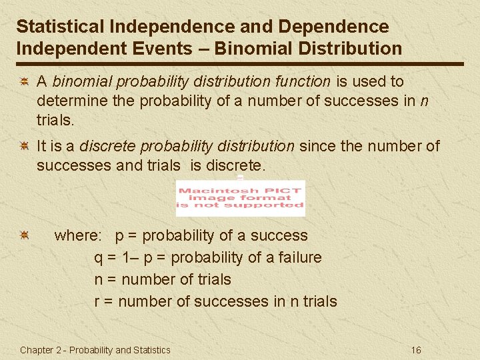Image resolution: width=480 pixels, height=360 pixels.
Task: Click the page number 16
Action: (416, 350)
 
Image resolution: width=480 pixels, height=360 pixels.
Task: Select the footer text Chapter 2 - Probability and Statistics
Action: (95, 350)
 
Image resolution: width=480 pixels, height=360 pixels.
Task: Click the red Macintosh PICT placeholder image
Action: (240, 198)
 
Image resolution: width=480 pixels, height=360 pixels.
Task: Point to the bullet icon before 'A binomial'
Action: (23, 82)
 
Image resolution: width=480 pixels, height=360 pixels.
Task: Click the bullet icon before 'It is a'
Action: (23, 146)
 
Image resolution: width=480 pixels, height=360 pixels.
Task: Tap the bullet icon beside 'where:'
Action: (23, 235)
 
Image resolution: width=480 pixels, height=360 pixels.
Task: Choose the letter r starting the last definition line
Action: (97, 302)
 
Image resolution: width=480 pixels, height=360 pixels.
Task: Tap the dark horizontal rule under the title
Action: (240, 64)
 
